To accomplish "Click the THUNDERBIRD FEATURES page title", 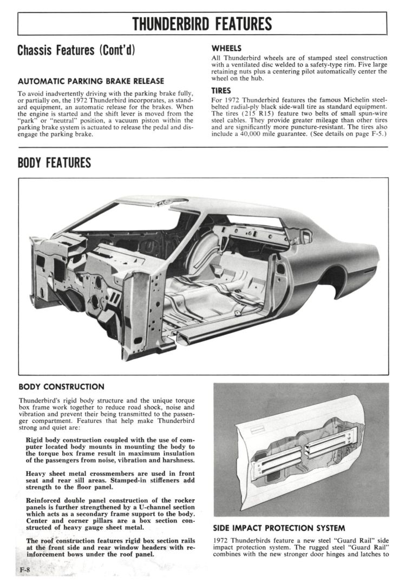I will click(x=202, y=24).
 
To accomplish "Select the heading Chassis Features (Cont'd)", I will click(x=76, y=51).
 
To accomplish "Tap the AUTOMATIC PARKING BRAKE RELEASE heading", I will click(x=91, y=81).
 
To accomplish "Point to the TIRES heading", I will click(x=221, y=91).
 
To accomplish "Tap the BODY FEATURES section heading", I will click(x=54, y=163).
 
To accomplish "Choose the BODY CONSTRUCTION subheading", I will click(x=61, y=387).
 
